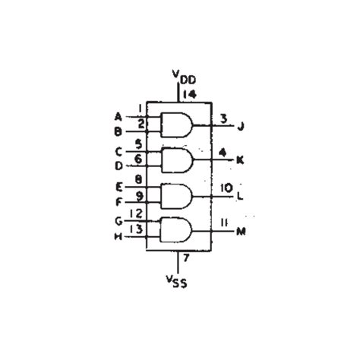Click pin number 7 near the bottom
pyautogui.click(x=187, y=260)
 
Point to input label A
pyautogui.click(x=118, y=116)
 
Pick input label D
pyautogui.click(x=118, y=165)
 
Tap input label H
pyautogui.click(x=118, y=236)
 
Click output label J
pyautogui.click(x=240, y=126)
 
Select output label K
pyautogui.click(x=240, y=160)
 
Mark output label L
pyautogui.click(x=240, y=196)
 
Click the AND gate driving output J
pyautogui.click(x=176, y=124)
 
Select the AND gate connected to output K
pyautogui.click(x=176, y=159)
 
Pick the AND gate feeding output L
pyautogui.click(x=176, y=195)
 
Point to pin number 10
pyautogui.click(x=226, y=187)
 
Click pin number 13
pyautogui.click(x=137, y=229)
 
